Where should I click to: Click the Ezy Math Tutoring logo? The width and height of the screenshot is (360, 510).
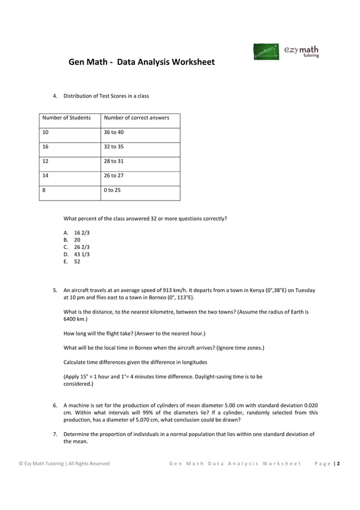287,51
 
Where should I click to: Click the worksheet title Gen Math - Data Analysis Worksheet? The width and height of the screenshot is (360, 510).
142,62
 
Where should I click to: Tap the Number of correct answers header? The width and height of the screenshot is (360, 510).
137,117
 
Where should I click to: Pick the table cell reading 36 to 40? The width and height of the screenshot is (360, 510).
114,132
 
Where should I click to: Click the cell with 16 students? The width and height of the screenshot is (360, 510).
46,147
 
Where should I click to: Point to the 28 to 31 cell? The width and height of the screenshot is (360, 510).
114,161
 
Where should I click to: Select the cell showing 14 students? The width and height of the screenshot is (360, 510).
46,176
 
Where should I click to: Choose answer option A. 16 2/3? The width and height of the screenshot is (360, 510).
77,233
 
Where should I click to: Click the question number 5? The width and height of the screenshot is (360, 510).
55,290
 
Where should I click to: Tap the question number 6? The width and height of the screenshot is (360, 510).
55,405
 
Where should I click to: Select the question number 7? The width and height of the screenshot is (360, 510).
55,434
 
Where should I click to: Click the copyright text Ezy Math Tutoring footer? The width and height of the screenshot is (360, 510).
64,464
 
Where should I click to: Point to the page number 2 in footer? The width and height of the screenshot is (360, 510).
338,464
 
